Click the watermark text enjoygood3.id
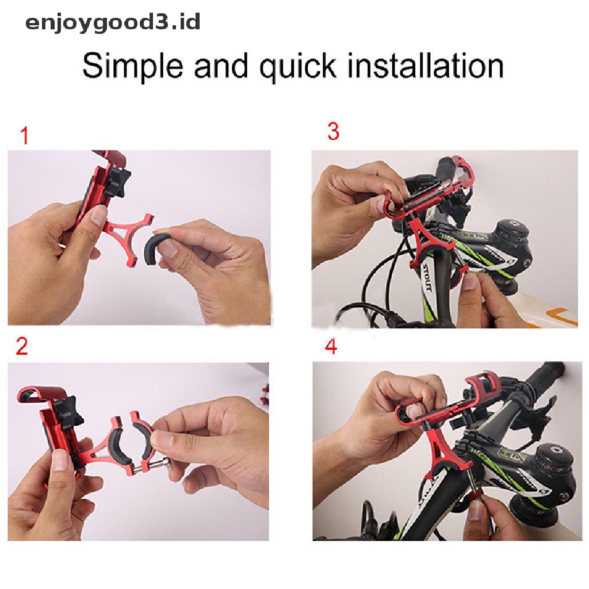click(113, 23)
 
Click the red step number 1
click(25, 136)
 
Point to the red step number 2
click(22, 346)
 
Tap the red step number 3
click(333, 132)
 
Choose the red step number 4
click(331, 346)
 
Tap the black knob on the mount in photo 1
click(117, 183)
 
